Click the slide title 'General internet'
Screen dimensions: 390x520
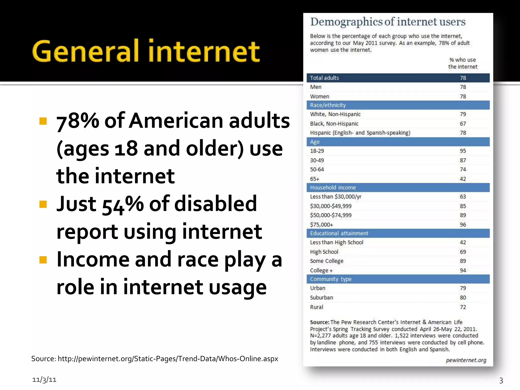coord(146,51)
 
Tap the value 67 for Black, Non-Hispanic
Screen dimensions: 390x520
coord(463,124)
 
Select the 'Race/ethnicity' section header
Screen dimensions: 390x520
coord(328,105)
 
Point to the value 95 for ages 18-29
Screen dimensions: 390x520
coord(463,151)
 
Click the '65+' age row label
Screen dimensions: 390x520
coord(315,179)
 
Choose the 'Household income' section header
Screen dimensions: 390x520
coord(333,188)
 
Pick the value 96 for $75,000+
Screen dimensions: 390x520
coord(463,225)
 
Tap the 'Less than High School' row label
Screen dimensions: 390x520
coord(336,242)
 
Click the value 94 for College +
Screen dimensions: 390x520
coord(463,270)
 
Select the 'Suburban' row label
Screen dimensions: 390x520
coord(321,298)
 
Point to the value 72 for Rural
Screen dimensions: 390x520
coord(463,307)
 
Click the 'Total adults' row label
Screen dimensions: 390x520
coord(324,78)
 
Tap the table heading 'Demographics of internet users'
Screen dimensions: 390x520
coord(388,22)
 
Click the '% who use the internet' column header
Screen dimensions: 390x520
coord(463,63)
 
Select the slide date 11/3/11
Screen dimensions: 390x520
coord(44,380)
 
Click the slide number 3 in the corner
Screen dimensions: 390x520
coord(501,380)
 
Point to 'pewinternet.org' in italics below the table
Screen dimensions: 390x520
coord(466,360)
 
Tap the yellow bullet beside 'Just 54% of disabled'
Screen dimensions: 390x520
coord(43,204)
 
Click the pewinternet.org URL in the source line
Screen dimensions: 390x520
coord(168,359)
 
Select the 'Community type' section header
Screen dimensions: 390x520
coord(331,279)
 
